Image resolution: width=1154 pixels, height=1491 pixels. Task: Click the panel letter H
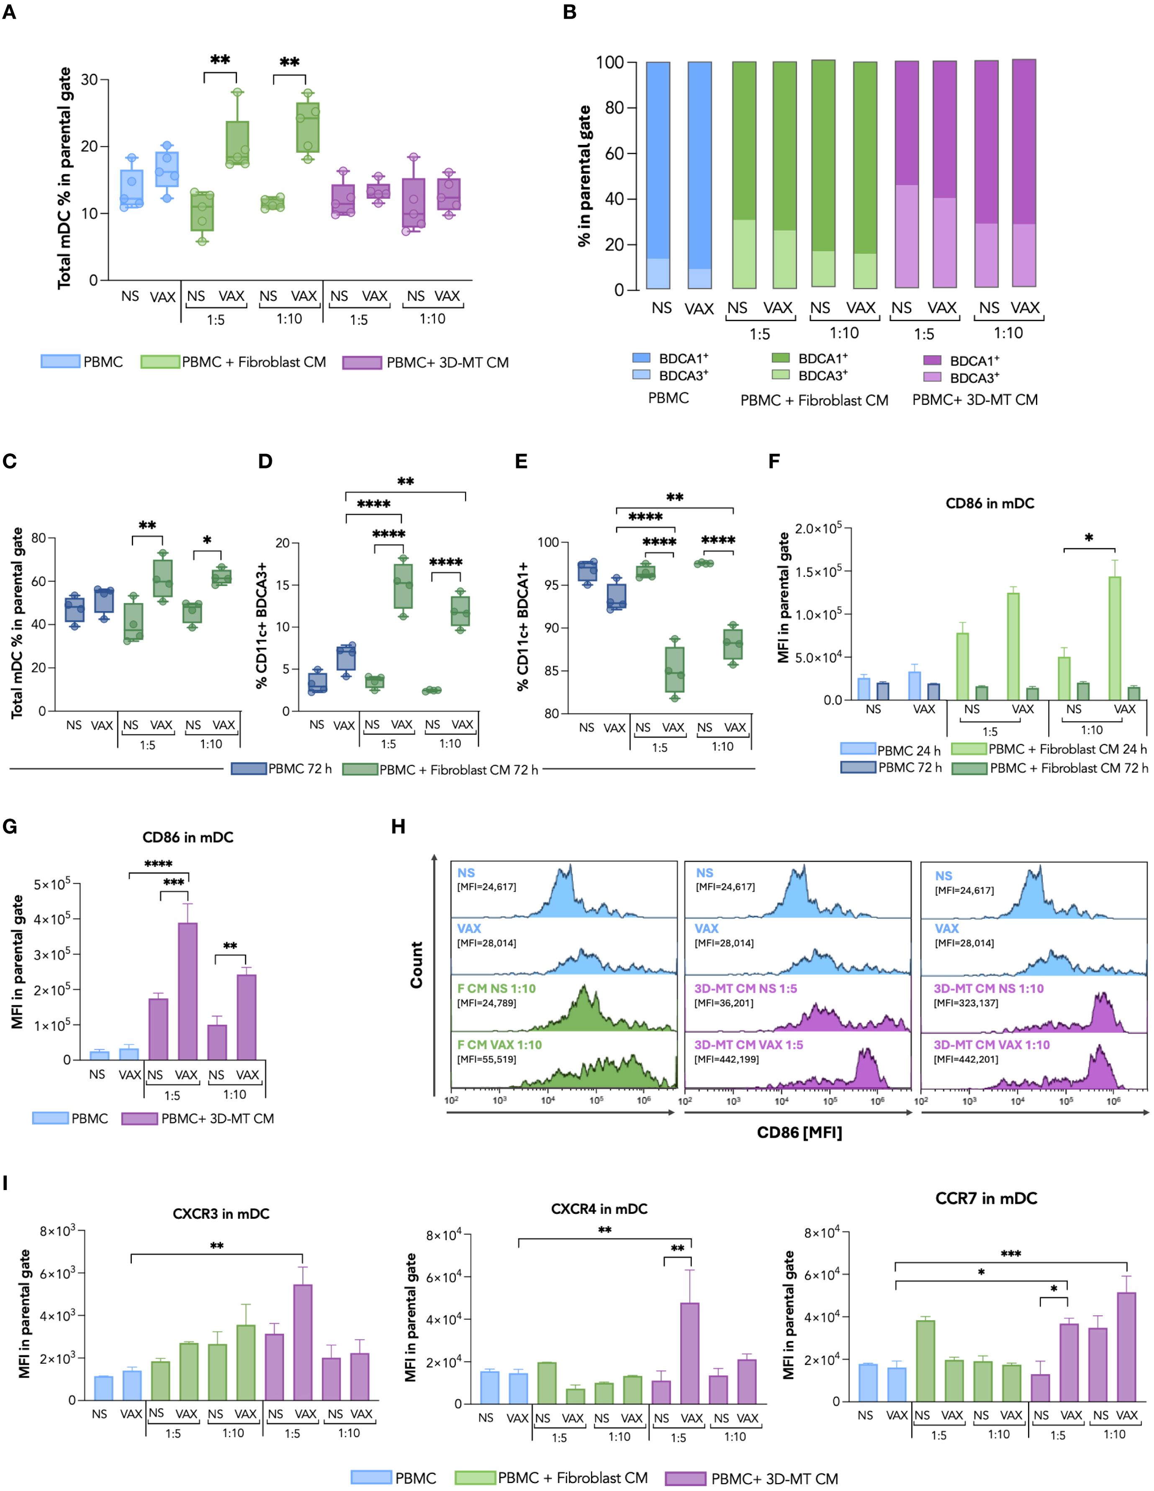tap(398, 827)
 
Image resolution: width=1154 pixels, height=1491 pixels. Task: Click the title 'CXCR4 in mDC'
tap(599, 1209)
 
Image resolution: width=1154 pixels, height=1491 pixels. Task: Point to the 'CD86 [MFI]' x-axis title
tap(799, 1133)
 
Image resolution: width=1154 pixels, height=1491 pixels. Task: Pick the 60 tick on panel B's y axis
tap(614, 154)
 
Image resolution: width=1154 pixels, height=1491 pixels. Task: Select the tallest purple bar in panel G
tap(187, 991)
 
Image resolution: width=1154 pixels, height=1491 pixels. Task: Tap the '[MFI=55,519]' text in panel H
tap(487, 1059)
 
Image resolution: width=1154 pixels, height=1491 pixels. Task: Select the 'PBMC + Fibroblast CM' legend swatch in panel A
tap(160, 362)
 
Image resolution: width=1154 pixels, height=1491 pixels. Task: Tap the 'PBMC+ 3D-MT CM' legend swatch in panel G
tap(140, 1118)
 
